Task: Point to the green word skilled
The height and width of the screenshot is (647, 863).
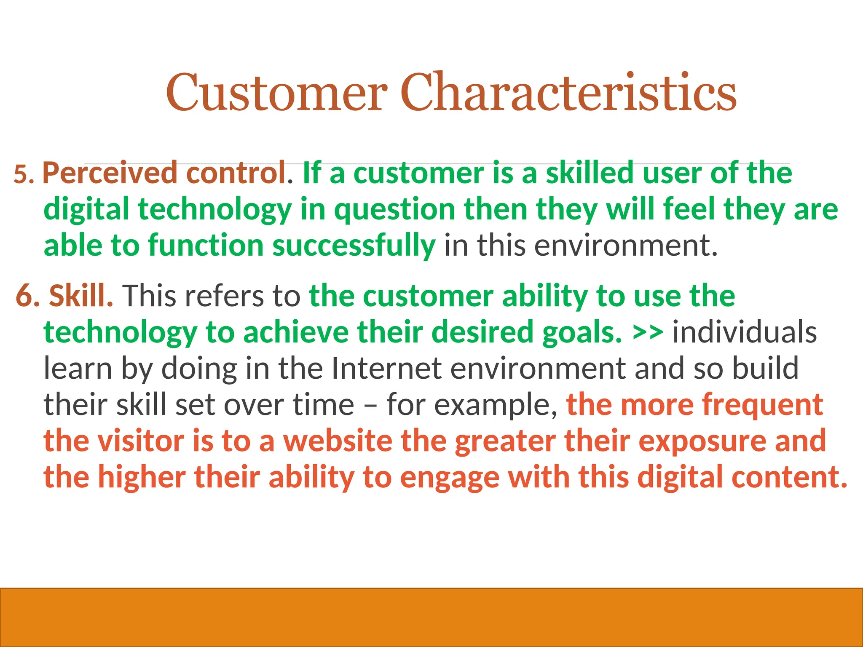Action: (x=590, y=173)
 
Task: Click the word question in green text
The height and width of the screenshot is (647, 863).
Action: (x=394, y=210)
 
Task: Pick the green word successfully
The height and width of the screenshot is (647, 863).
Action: (x=354, y=246)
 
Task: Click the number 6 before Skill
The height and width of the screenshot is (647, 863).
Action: (x=26, y=296)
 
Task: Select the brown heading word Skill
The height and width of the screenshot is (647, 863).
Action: (x=80, y=296)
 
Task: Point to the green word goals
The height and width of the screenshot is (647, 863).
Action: (x=582, y=333)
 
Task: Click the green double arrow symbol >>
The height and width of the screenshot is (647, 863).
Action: (x=648, y=333)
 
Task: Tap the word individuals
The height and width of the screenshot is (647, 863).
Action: (x=744, y=333)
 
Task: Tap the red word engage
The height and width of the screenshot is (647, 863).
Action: (x=449, y=478)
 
